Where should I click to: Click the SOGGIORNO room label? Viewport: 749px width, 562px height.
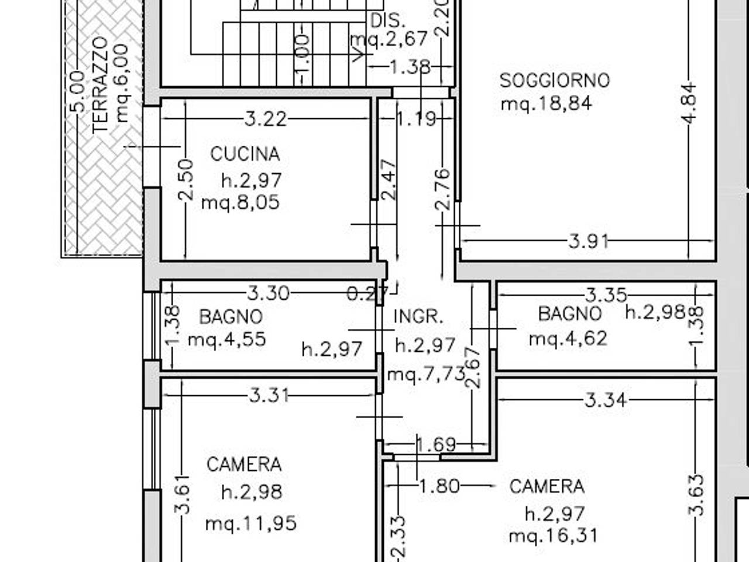[x=555, y=81]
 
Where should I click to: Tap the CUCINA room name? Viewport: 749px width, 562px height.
[x=245, y=154]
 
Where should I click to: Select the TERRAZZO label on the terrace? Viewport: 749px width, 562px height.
[x=100, y=85]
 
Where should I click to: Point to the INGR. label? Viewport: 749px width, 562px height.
[x=418, y=316]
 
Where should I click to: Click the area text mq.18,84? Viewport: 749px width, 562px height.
[x=547, y=104]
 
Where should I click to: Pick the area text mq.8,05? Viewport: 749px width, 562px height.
[x=240, y=203]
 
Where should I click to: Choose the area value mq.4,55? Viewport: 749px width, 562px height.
[x=227, y=340]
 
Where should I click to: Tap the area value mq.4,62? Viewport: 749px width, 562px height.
[x=568, y=338]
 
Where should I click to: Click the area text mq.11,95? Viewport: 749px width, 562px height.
[x=251, y=523]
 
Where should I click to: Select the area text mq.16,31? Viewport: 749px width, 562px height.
[x=553, y=535]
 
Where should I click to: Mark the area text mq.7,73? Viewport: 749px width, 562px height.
[x=427, y=374]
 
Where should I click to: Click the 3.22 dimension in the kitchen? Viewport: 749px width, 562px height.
[x=266, y=119]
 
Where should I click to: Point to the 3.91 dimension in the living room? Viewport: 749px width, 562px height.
[x=588, y=242]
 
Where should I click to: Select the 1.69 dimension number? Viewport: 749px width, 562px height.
[x=436, y=444]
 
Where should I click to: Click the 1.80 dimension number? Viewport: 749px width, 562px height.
[x=439, y=486]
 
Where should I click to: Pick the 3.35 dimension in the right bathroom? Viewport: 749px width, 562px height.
[x=606, y=295]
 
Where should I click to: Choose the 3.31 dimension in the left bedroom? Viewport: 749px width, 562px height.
[x=269, y=396]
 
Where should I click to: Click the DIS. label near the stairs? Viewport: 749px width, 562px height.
[x=387, y=21]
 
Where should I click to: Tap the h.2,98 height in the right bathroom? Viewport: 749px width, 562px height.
[x=655, y=311]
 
